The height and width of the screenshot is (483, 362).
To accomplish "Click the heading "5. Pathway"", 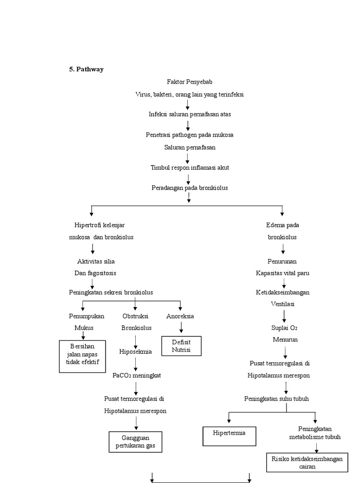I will point(87,69).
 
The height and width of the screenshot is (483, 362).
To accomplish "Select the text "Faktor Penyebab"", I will point(187,82).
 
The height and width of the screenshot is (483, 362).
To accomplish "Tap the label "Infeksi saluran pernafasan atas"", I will point(189,114).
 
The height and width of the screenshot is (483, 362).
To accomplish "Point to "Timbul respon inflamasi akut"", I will point(189,167).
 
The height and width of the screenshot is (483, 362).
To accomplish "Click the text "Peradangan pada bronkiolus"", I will point(189,188).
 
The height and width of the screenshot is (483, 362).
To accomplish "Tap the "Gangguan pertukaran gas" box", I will point(135,442).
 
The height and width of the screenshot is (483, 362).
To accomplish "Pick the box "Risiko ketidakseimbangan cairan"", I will point(307,463).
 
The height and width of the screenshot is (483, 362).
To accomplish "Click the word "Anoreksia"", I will point(180,316).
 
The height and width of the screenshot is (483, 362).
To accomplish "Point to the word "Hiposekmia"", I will point(135,352).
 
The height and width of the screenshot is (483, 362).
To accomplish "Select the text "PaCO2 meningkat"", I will point(137,375).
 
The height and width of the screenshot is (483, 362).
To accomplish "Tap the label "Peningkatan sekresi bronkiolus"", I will point(111,292).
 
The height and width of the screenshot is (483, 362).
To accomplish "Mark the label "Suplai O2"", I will point(284,328).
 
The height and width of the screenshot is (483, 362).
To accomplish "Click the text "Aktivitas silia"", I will point(96,261).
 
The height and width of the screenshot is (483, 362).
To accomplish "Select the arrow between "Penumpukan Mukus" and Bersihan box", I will point(83,335).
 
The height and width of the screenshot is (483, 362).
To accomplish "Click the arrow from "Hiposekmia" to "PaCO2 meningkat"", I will point(135,363).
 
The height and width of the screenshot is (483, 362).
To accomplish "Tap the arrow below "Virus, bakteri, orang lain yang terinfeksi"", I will point(188,104).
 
